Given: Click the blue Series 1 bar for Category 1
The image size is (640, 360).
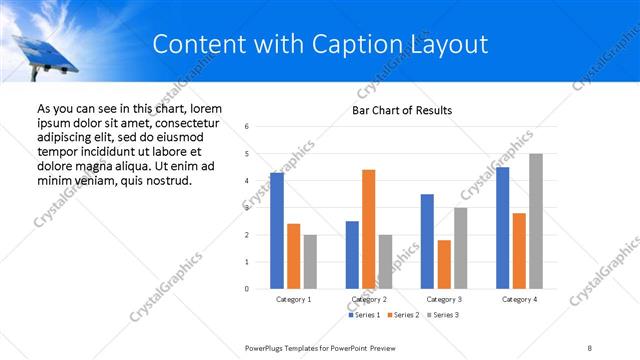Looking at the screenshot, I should point(277,231).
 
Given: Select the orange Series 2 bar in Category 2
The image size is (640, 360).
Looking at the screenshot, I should point(368,229).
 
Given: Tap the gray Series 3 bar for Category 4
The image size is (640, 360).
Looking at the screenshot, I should point(536,221).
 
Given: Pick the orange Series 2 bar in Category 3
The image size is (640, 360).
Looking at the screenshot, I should point(444,264).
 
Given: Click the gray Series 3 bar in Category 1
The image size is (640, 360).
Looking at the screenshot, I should point(310,262).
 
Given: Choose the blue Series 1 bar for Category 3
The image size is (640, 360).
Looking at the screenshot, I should point(427,241).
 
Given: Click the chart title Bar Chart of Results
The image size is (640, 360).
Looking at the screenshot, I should point(402,110).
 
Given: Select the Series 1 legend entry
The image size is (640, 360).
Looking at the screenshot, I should point(364,315).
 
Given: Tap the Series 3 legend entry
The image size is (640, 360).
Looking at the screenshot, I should point(444,315).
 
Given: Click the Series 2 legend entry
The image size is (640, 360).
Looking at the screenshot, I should point(404,315).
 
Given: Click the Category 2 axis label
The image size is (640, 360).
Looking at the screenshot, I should point(369,299).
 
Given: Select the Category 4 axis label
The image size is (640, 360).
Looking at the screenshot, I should point(520,299).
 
